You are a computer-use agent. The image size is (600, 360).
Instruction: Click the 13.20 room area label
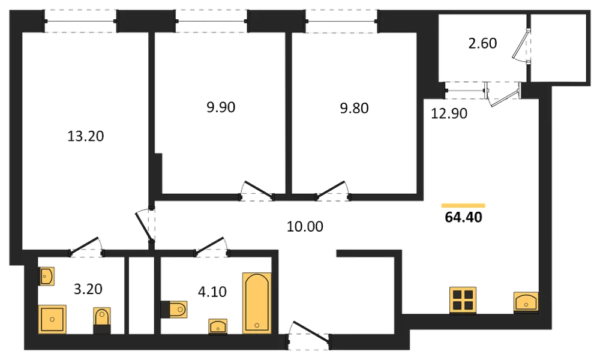pos(86,136)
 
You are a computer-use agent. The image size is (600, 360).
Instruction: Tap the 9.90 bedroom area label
pos(221,107)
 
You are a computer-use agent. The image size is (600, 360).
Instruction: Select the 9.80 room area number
pos(355,108)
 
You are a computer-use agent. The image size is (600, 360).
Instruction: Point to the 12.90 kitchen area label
pos(449,113)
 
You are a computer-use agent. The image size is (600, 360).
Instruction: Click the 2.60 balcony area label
pos(482,43)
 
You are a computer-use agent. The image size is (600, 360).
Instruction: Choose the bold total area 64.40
pos(463,217)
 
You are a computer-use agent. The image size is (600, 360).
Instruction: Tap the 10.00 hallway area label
pos(305,226)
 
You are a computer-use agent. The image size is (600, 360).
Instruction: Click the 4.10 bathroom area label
pos(212,292)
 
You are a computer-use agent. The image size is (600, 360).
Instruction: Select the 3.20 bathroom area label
pos(88,289)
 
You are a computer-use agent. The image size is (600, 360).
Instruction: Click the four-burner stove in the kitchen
pos(463,300)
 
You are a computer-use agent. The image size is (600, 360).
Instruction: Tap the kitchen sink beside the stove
pos(526,302)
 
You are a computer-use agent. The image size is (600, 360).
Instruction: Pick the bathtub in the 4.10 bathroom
pos(257,302)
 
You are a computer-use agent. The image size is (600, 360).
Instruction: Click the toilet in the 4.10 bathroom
pos(175,310)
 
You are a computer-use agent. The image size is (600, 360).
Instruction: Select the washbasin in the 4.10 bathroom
pos(218,326)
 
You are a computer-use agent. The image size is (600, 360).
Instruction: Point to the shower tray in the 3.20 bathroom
pos(52,319)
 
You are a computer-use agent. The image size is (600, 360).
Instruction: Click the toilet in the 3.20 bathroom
pos(102,320)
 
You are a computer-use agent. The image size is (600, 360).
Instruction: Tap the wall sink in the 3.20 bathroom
pos(46,276)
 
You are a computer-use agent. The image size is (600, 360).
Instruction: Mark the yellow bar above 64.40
pos(463,205)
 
